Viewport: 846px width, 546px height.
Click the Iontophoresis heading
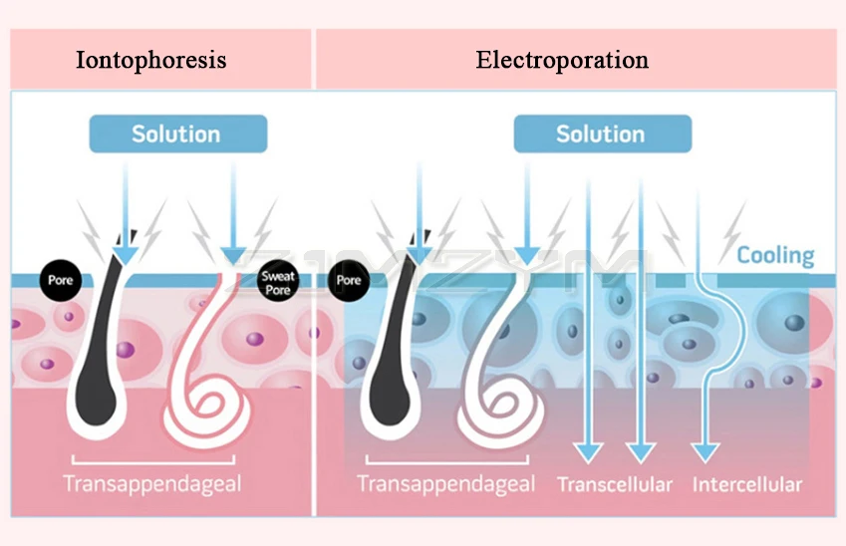[151, 60]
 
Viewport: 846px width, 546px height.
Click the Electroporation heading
[562, 60]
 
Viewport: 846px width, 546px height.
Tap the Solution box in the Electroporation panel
[600, 134]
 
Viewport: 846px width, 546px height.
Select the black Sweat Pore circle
[277, 282]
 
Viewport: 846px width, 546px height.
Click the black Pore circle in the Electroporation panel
[349, 281]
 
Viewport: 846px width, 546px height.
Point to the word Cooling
[775, 255]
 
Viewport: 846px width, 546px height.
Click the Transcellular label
[615, 485]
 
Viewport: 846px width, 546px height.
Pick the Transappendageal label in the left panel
[152, 485]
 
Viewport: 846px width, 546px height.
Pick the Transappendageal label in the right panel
[445, 485]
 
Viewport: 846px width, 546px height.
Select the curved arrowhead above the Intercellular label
[705, 450]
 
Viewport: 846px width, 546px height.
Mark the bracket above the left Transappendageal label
[152, 460]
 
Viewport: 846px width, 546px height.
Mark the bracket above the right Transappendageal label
[445, 460]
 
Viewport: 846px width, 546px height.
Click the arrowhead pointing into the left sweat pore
[234, 253]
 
